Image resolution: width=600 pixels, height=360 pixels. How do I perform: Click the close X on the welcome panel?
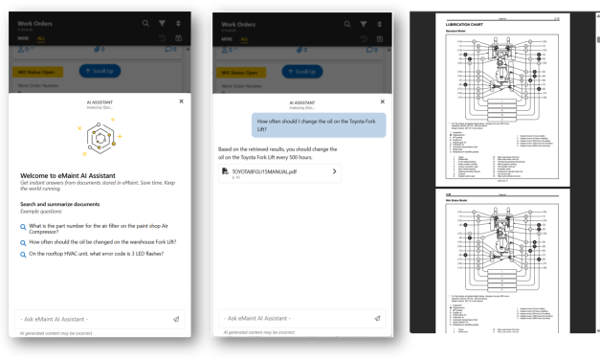pyautogui.click(x=181, y=101)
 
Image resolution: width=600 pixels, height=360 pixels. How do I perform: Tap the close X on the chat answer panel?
pyautogui.click(x=382, y=101)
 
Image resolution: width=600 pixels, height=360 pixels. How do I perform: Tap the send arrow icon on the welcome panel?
pyautogui.click(x=176, y=319)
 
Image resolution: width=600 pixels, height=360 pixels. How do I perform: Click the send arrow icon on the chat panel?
pyautogui.click(x=377, y=319)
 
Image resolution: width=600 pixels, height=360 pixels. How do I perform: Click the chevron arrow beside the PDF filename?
pyautogui.click(x=334, y=172)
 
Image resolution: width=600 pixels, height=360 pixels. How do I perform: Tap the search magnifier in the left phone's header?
pyautogui.click(x=145, y=22)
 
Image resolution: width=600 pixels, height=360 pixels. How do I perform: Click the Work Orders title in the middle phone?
pyautogui.click(x=240, y=22)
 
